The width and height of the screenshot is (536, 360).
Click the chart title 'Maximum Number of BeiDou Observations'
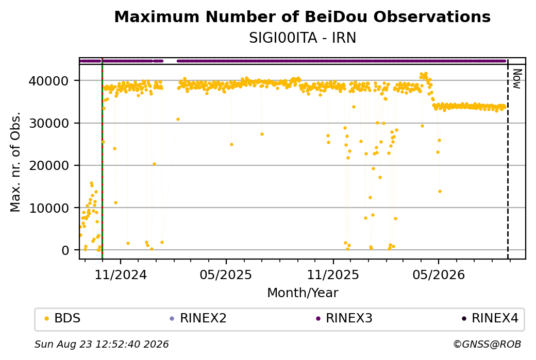pyautogui.click(x=302, y=16)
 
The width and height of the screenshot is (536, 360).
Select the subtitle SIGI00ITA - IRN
pyautogui.click(x=303, y=38)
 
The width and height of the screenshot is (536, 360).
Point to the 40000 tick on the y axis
pyautogui.click(x=48, y=81)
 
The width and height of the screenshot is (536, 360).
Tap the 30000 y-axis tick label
pyautogui.click(x=48, y=123)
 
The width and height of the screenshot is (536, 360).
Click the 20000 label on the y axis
pyautogui.click(x=48, y=166)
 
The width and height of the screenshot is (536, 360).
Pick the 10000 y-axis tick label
pyautogui.click(x=48, y=208)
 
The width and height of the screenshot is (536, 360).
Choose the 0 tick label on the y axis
pyautogui.click(x=65, y=250)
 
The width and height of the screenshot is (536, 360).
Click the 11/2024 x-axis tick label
pyautogui.click(x=120, y=275)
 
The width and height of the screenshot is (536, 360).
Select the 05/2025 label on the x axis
pyautogui.click(x=226, y=275)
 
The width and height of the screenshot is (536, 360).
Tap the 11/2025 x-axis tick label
pyautogui.click(x=333, y=275)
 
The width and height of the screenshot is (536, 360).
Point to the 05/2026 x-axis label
pyautogui.click(x=439, y=275)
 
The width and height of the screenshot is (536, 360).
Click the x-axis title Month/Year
pyautogui.click(x=303, y=293)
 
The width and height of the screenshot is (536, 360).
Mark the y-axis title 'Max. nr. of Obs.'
pyautogui.click(x=15, y=162)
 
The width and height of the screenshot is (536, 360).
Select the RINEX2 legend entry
pyautogui.click(x=198, y=318)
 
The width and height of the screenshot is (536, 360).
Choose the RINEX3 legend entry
pyautogui.click(x=344, y=318)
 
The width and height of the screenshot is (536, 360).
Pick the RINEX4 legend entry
pyautogui.click(x=490, y=318)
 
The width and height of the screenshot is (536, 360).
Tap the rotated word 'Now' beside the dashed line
pyautogui.click(x=517, y=79)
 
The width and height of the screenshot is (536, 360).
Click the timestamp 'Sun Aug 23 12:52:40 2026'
pyautogui.click(x=102, y=344)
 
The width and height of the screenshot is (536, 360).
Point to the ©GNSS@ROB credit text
pyautogui.click(x=487, y=344)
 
